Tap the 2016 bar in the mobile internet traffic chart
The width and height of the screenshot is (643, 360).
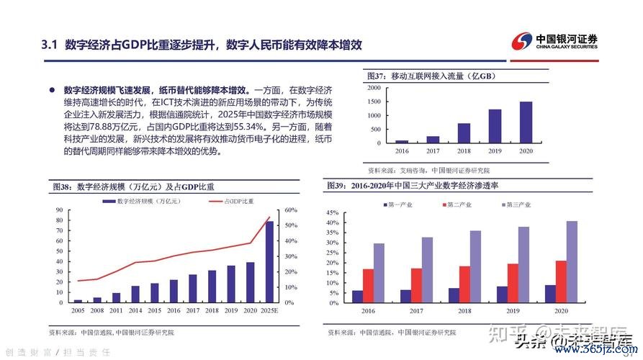[402, 141]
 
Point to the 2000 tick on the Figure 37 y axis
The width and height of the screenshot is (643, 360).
[374, 87]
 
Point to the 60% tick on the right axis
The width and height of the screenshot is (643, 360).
[291, 210]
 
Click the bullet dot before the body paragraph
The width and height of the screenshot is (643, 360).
[51, 91]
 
